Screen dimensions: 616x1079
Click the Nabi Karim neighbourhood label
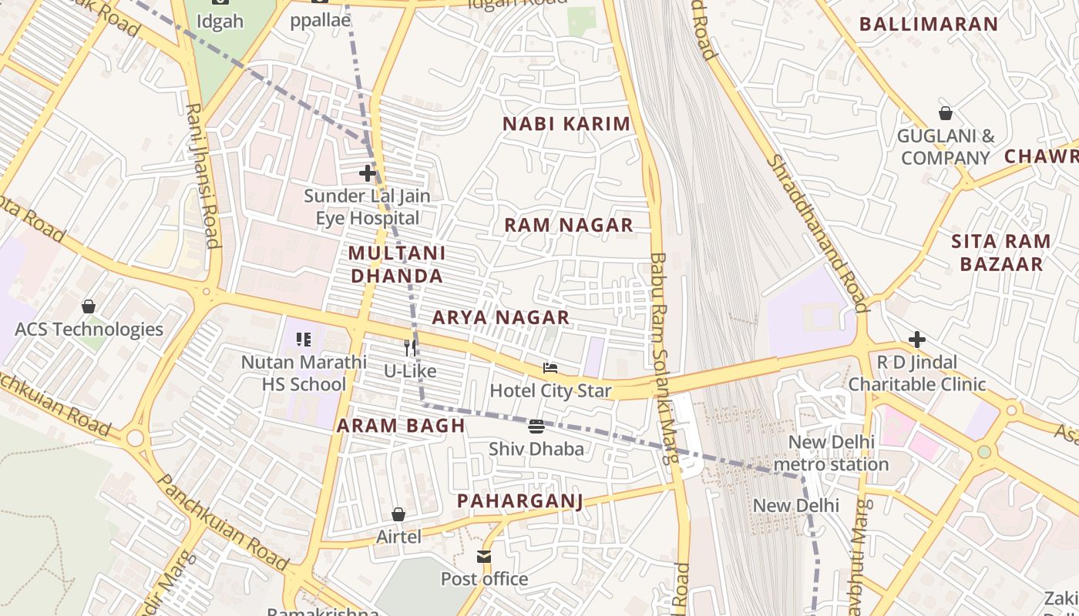tap(566, 123)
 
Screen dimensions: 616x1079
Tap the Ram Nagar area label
tap(568, 225)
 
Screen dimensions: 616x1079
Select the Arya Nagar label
tap(500, 317)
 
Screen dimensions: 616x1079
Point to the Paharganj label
tap(519, 500)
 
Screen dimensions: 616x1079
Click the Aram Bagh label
tap(401, 426)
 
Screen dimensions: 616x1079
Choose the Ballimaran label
tap(928, 24)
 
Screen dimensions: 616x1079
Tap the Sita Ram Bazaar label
tap(1000, 253)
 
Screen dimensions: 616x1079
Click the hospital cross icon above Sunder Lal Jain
tap(368, 173)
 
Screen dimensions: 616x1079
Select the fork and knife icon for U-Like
tap(410, 348)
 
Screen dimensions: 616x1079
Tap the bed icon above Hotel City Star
tap(550, 368)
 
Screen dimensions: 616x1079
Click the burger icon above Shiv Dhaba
tap(536, 427)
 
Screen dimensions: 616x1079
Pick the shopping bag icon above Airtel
tap(398, 514)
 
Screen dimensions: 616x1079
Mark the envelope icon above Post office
tap(484, 556)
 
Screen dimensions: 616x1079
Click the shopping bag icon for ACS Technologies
tap(89, 306)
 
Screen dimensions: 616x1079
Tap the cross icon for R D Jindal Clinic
tap(916, 339)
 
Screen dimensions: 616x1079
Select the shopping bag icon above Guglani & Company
tap(945, 113)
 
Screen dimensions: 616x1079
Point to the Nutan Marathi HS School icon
tap(304, 339)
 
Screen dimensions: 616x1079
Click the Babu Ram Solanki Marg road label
tap(663, 358)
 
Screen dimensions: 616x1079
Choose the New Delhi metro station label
tap(831, 454)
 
